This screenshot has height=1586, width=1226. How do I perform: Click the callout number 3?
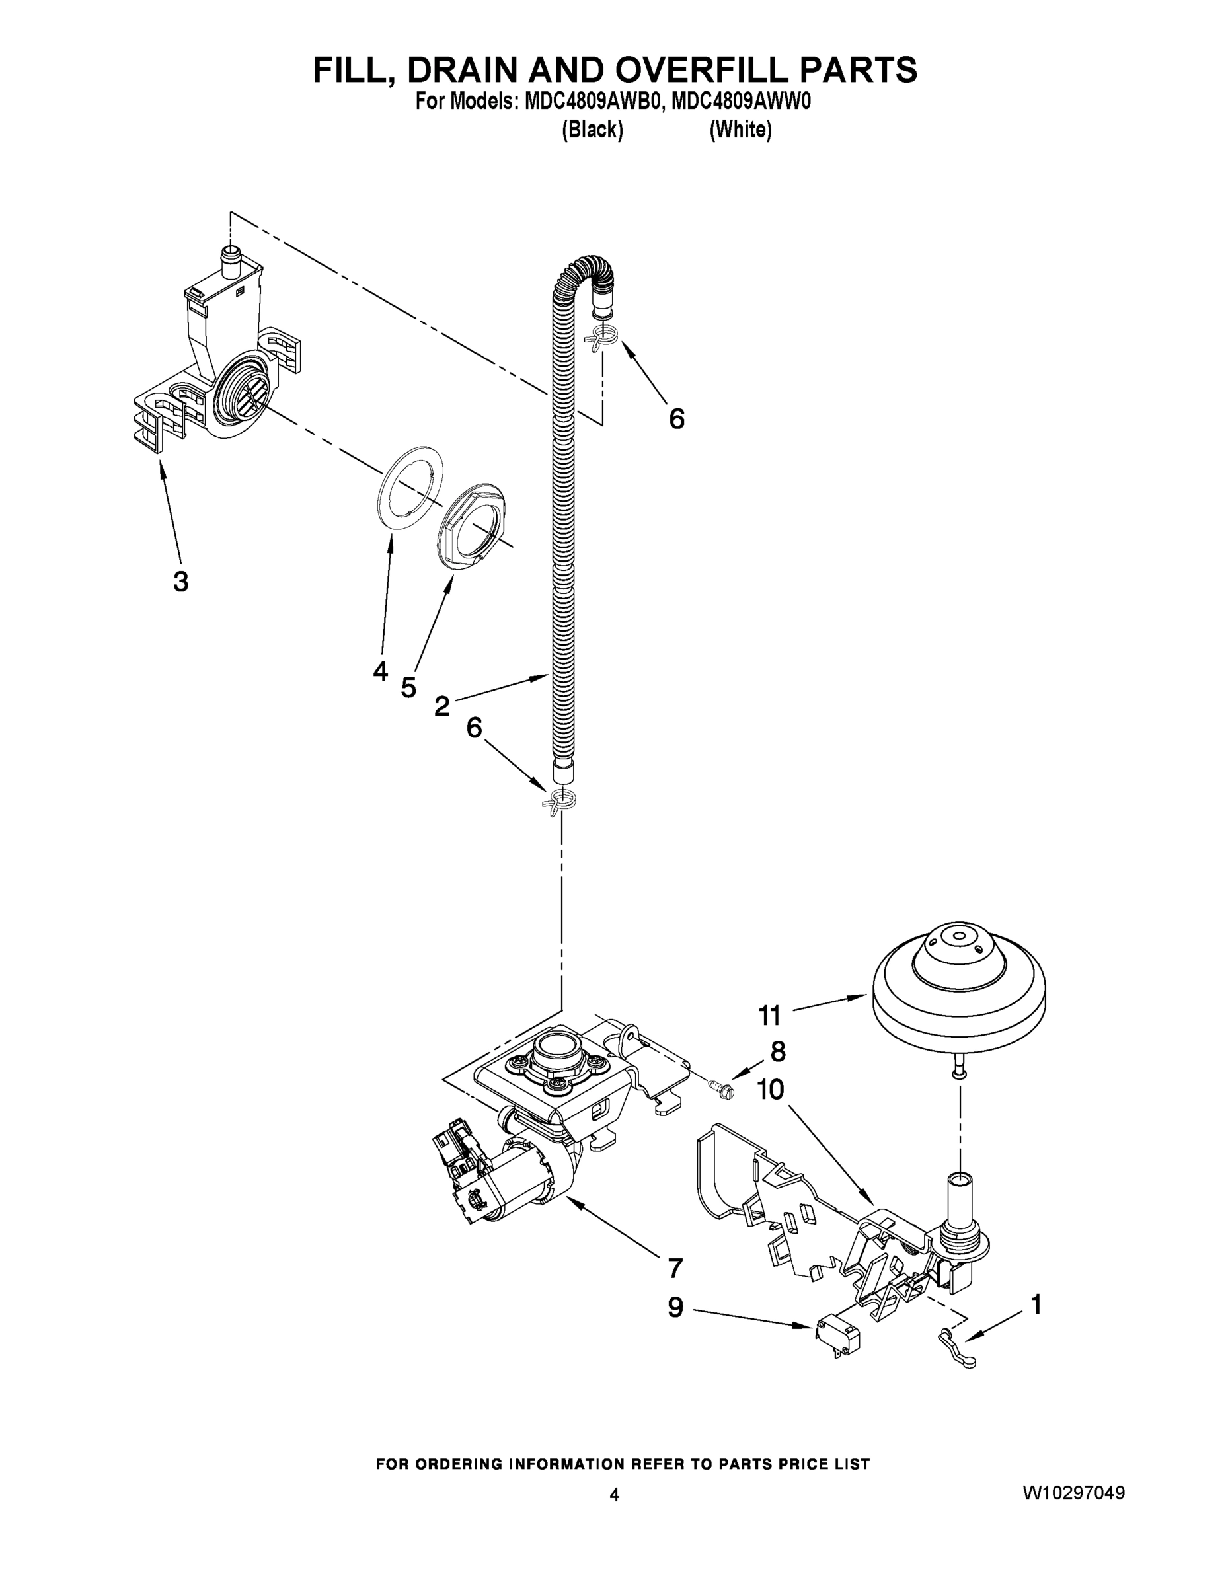(181, 582)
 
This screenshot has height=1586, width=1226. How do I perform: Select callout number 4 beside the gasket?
(380, 671)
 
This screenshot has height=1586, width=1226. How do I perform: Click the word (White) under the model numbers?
(740, 130)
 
